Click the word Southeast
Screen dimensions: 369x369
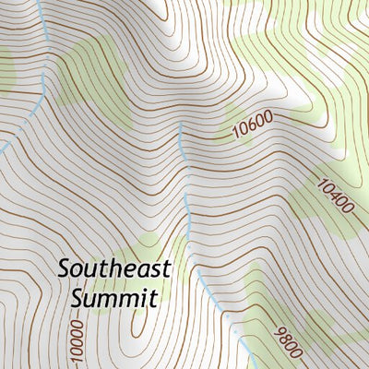[x=115, y=268]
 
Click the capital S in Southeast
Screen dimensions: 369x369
[x=63, y=268]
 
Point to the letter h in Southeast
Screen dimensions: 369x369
[x=109, y=268]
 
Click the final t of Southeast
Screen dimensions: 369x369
[x=167, y=268]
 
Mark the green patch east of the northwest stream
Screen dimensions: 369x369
[x=97, y=78]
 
